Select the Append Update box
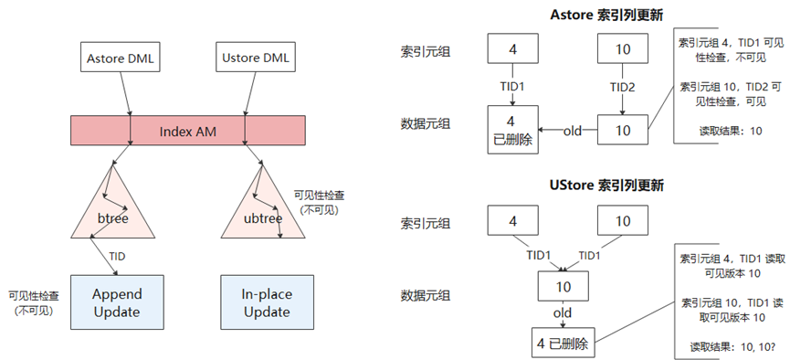tap(115, 302)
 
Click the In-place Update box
tap(266, 302)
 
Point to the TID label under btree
tap(116, 256)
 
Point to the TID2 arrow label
tap(625, 86)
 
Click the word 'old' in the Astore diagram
tap(573, 130)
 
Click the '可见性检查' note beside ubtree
tap(318, 201)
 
